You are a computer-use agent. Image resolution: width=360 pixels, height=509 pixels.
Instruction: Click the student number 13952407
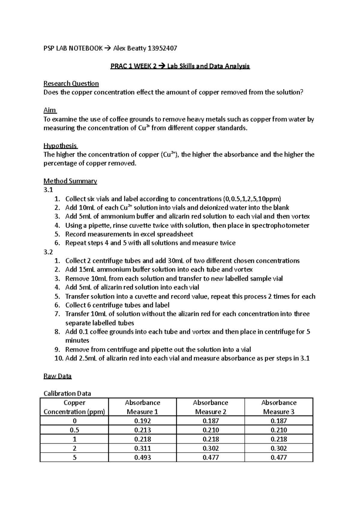pyautogui.click(x=161, y=48)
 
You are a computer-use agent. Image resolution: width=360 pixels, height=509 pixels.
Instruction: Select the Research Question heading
pyautogui.click(x=71, y=84)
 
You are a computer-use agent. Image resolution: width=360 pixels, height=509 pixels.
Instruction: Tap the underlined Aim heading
pyautogui.click(x=50, y=110)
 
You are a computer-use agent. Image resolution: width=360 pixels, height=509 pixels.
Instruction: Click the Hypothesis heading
pyautogui.click(x=60, y=146)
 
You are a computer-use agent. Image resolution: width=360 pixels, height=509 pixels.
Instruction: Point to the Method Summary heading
pyautogui.click(x=70, y=181)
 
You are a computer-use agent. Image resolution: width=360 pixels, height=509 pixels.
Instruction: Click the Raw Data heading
pyautogui.click(x=58, y=376)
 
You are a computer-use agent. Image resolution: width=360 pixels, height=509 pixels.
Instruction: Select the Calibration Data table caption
pyautogui.click(x=67, y=394)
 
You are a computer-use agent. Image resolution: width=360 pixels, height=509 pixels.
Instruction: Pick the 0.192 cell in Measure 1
pyautogui.click(x=142, y=421)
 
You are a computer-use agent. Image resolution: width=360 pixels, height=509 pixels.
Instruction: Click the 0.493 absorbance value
pyautogui.click(x=142, y=457)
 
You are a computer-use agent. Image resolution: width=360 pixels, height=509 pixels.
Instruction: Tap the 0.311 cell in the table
pyautogui.click(x=142, y=448)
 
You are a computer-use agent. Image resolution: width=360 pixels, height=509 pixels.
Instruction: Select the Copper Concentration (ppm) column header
pyautogui.click(x=74, y=407)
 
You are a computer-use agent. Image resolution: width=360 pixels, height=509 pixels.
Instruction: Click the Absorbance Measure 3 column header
pyautogui.click(x=279, y=407)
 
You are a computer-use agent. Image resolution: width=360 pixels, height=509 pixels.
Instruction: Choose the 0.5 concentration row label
pyautogui.click(x=74, y=430)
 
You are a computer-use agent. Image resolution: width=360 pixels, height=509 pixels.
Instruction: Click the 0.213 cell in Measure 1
pyautogui.click(x=142, y=430)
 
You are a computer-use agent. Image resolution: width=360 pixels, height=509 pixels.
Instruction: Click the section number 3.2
pyautogui.click(x=48, y=252)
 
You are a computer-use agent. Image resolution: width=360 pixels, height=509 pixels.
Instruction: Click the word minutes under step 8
pyautogui.click(x=77, y=341)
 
